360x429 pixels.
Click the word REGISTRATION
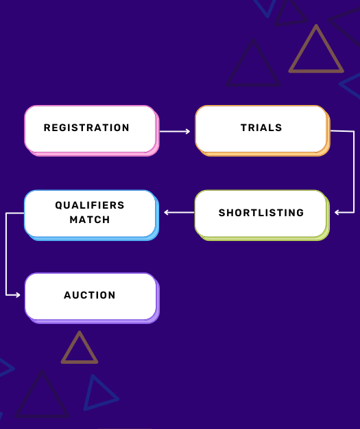(x=86, y=128)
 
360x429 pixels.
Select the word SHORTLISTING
(x=261, y=213)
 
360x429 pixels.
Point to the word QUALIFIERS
(x=90, y=205)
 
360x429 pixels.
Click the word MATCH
(x=90, y=220)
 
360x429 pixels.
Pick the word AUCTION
(x=90, y=295)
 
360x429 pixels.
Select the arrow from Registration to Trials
(x=175, y=131)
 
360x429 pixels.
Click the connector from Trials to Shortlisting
(x=353, y=172)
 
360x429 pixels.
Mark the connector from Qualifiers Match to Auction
(x=6, y=254)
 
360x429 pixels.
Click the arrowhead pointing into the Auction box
(x=18, y=294)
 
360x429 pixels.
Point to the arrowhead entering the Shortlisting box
(x=337, y=213)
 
